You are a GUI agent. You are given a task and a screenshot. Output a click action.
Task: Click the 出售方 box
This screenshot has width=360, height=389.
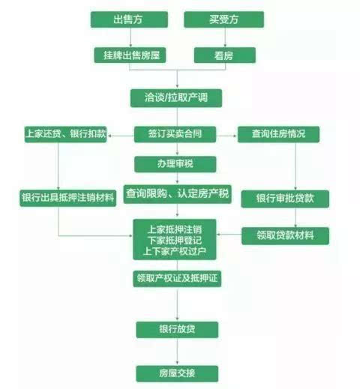(129, 19)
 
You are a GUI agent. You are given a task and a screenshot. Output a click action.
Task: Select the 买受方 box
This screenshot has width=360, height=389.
(223, 19)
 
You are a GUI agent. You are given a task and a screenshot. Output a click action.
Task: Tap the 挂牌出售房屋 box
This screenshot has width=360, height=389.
(130, 55)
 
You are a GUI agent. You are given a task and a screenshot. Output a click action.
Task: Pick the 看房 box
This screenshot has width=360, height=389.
(225, 55)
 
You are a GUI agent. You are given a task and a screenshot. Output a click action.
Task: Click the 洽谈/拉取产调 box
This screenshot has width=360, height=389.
(176, 98)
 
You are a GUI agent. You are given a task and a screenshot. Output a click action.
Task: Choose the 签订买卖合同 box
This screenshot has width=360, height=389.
(175, 134)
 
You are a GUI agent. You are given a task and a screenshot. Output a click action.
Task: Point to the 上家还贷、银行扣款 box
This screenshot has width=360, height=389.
(65, 134)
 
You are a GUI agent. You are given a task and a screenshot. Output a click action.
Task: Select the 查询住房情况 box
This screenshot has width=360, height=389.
(278, 134)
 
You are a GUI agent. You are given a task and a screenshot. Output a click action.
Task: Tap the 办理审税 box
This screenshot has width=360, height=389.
(175, 164)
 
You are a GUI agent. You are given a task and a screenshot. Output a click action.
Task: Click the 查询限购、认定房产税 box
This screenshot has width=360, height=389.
(177, 194)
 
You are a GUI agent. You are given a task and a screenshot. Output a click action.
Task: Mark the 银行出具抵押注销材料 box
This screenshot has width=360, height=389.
(68, 198)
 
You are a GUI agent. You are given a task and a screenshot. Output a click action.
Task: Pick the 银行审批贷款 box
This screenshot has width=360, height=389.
(285, 199)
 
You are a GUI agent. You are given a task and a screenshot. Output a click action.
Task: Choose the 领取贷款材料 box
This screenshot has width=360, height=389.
(285, 236)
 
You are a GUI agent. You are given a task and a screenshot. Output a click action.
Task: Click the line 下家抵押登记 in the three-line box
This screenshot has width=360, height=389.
(175, 240)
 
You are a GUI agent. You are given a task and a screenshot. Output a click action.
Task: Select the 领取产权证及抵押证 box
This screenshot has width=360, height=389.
(177, 279)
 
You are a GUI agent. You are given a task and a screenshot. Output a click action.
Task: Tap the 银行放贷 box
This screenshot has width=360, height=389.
(177, 330)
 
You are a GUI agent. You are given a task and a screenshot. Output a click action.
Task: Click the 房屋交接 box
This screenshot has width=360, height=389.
(177, 374)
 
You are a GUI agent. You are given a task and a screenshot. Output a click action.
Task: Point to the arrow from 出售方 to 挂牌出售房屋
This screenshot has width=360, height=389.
(130, 37)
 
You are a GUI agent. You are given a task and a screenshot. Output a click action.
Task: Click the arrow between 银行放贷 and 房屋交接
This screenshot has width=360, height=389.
(177, 352)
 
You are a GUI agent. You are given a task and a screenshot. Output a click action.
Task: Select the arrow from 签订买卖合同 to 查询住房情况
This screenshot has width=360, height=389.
(226, 136)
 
